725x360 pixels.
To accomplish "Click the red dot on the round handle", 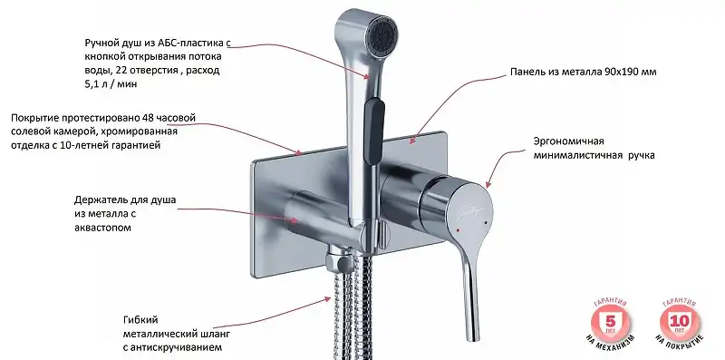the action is [x=458, y=229].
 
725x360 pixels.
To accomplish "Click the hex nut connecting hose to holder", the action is [x=338, y=261].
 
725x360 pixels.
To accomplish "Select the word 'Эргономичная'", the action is [x=569, y=141].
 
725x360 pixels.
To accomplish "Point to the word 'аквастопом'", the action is [x=102, y=228].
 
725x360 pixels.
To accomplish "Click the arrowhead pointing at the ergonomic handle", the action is [x=489, y=183].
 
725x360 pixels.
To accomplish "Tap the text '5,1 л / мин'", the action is [x=111, y=84].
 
